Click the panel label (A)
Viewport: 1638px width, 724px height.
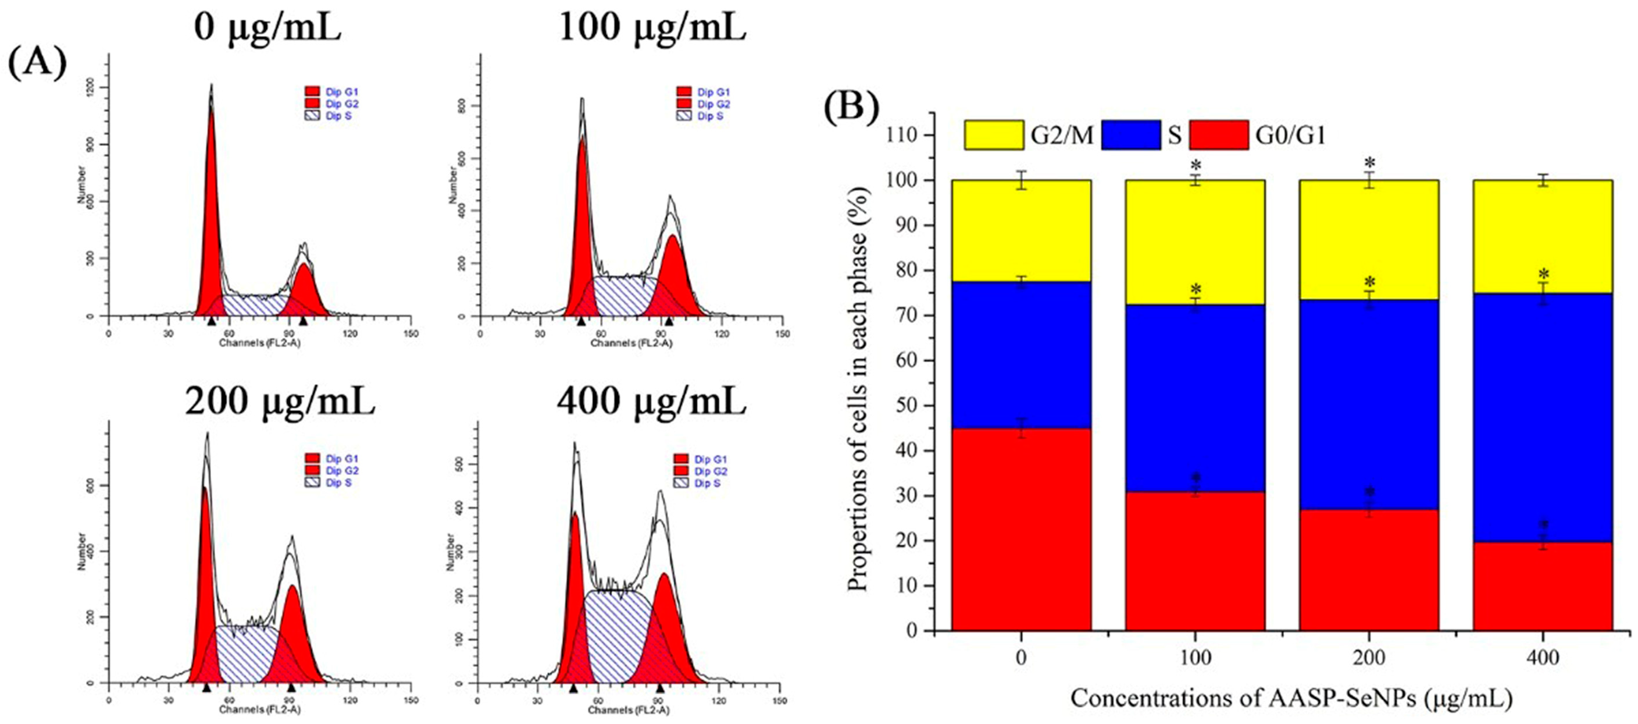37,65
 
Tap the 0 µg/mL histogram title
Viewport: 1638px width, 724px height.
267,28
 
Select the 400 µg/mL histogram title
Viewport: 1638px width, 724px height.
651,401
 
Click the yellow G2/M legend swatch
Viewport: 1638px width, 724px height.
994,135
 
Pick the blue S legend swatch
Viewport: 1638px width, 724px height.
1130,135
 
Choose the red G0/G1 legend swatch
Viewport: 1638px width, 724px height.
1218,135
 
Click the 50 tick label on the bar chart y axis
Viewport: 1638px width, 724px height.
905,406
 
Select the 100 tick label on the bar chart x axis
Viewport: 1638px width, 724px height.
1195,657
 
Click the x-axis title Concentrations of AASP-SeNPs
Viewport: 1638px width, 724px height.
1291,698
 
